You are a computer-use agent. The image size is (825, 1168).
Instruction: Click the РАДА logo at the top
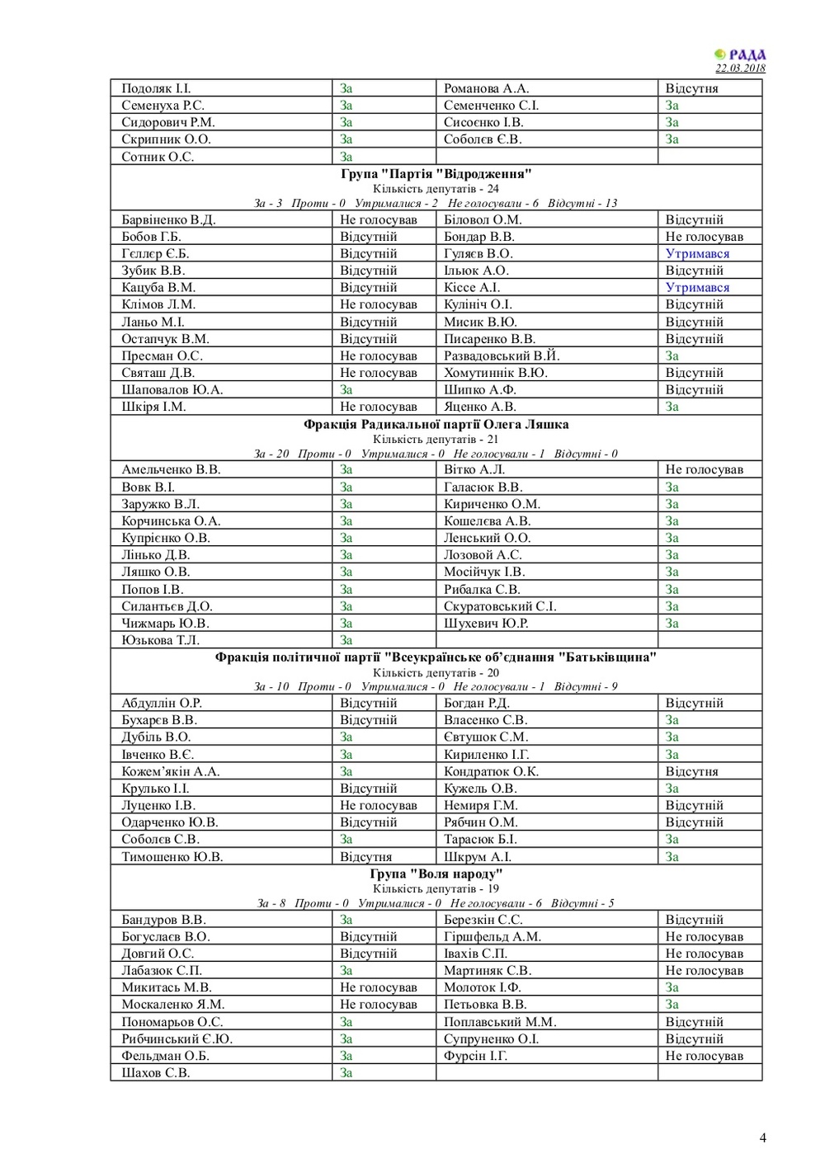pos(740,54)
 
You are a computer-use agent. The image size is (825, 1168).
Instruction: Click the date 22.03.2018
pos(740,68)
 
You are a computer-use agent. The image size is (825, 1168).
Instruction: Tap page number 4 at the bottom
pos(762,1137)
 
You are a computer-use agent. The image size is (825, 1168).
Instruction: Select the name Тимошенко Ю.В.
pos(172,856)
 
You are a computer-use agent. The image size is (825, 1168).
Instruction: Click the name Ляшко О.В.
pos(156,572)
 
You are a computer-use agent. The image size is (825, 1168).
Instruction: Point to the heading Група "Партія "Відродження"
pos(436,173)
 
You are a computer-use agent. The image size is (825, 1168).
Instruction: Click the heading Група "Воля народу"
pos(436,874)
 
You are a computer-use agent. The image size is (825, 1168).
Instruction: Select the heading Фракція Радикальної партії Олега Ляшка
pos(436,424)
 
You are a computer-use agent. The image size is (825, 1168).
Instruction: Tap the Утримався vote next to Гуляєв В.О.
pos(697,253)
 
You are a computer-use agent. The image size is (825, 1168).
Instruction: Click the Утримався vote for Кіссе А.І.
pos(697,287)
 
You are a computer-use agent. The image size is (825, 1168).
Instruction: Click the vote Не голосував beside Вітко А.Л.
pos(704,469)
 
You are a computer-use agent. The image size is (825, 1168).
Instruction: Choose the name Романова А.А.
pos(486,88)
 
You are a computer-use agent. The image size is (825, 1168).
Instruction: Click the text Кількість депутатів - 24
pos(436,188)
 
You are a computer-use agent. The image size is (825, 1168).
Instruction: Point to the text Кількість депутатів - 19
pos(436,888)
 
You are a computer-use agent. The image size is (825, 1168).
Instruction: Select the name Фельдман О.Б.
pos(166,1055)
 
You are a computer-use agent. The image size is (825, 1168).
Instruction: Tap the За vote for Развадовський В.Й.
pos(672,356)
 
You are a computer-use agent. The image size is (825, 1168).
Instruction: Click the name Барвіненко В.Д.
pos(168,219)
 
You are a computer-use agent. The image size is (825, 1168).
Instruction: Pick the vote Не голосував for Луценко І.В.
pos(379,805)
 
